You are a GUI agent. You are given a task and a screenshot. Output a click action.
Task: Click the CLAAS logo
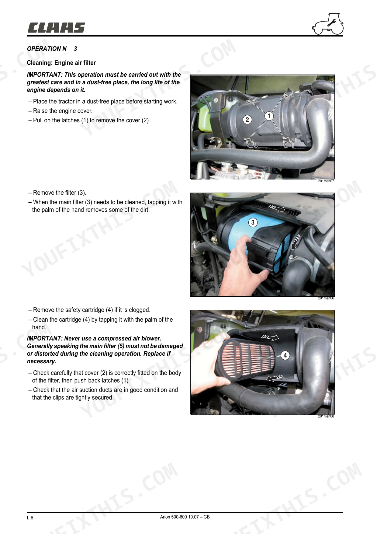point(56,28)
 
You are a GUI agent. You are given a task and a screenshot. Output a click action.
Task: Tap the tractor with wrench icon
point(328,24)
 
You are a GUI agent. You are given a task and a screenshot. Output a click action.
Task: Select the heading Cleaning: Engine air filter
point(61,63)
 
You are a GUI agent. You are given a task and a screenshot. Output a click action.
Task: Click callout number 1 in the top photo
point(269,116)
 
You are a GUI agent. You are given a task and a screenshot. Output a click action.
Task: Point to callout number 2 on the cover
point(247,120)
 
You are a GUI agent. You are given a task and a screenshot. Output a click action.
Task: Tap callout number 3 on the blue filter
point(253,222)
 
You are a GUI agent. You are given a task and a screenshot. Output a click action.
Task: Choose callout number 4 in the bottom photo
point(285,355)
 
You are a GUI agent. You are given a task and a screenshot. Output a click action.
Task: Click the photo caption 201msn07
point(326,181)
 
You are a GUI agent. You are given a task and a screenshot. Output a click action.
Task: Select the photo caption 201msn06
point(326,298)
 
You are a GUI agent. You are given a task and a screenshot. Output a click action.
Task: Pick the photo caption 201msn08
point(326,416)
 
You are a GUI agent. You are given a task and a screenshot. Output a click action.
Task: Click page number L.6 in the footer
point(30,518)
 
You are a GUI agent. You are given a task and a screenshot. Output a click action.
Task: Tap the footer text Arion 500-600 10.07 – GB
point(185,517)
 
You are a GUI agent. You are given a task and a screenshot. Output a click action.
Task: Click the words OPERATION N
point(47,49)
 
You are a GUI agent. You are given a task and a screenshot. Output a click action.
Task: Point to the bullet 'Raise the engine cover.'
point(61,111)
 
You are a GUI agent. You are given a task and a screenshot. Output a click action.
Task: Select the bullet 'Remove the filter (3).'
point(57,193)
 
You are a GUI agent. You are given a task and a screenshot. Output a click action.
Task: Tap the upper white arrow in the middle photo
point(277,208)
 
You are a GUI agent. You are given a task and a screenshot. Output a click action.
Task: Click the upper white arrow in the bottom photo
point(270,337)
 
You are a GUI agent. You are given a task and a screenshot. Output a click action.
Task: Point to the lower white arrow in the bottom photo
point(275,378)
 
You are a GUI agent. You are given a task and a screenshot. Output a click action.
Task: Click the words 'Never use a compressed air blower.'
point(113,338)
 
